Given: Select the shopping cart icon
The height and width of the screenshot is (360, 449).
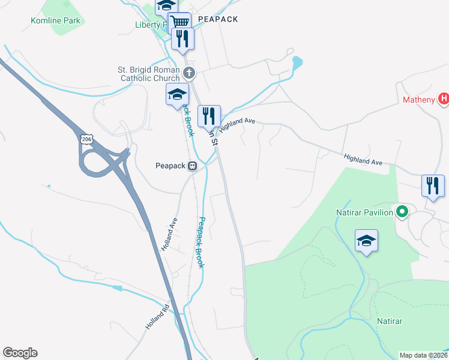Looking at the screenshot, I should coord(179,22).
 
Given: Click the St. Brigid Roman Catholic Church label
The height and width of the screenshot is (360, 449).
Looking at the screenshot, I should coord(149,74).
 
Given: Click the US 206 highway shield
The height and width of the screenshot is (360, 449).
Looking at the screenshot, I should coord(86,139).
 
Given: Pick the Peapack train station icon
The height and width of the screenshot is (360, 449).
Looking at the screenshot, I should coord(193,166).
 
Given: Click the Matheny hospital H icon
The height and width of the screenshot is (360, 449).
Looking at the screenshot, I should coord(444,98).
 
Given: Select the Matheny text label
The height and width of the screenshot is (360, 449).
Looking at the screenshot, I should coord(418,100).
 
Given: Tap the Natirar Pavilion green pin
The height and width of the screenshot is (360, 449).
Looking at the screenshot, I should coord(403,212).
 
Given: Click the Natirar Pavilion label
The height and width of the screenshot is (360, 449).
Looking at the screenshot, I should coord(364,212).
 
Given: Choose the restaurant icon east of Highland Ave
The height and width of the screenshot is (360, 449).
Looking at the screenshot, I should coord(433,185).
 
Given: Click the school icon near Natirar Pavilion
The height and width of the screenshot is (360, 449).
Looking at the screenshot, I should coord(366,241).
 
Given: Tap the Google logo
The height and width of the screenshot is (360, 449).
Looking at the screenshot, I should coord(20,353).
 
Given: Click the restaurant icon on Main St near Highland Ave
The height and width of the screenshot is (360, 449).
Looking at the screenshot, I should coord(209,115).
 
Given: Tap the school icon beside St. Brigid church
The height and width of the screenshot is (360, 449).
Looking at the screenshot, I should coord(177,94).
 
